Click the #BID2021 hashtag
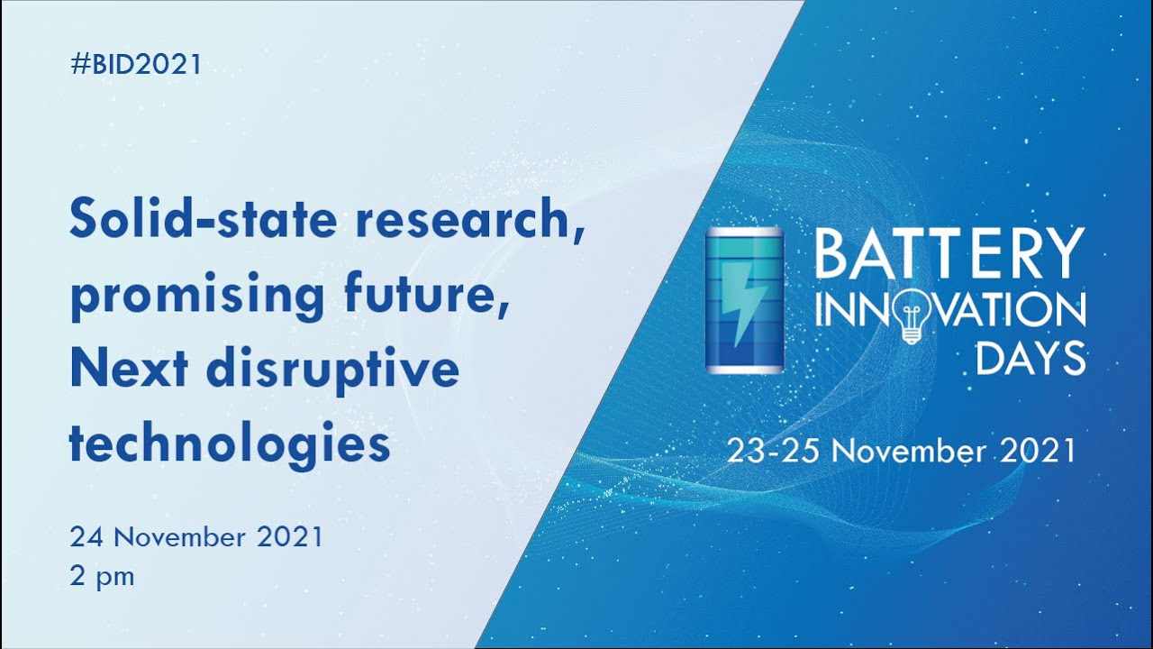[135, 65]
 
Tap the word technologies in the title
[230, 443]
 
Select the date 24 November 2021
[196, 537]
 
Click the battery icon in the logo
[744, 299]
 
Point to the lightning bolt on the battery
[746, 303]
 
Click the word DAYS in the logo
[1030, 358]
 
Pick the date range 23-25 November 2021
[902, 450]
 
